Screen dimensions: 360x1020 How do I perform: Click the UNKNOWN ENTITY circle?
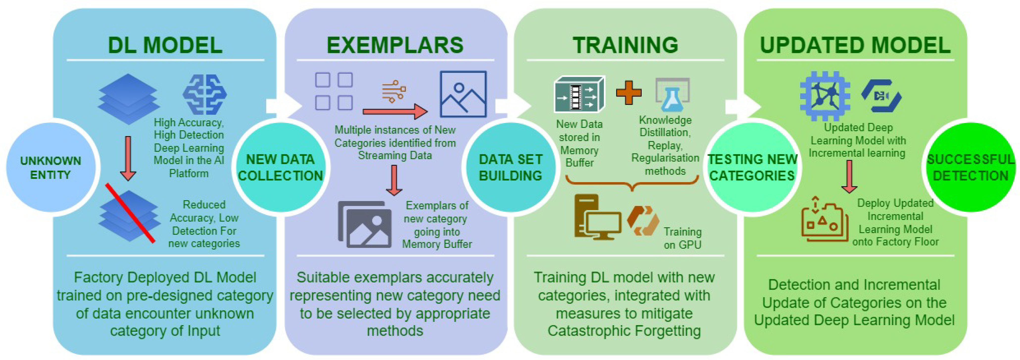pos(51,168)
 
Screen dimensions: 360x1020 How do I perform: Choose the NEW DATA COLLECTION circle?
pos(280,168)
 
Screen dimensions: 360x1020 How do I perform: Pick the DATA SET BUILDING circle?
pos(510,168)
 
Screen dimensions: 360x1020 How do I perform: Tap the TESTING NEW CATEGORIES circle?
pos(752,168)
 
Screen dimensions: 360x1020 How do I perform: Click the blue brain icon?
pos(204,94)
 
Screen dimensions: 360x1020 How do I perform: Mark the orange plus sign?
pos(629,93)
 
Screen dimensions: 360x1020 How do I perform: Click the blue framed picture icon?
pos(463,94)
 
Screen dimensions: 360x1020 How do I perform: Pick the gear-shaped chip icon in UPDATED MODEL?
pos(825,96)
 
